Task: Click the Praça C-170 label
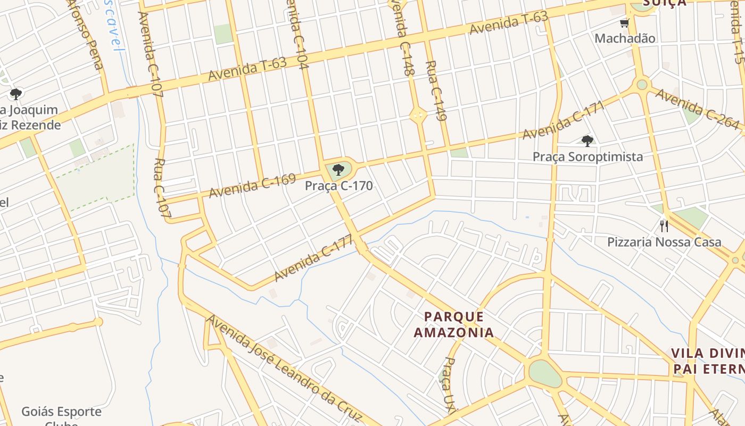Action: point(338,186)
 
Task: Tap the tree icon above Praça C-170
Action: point(338,170)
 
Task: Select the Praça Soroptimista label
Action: point(587,157)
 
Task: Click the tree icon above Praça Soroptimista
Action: point(587,141)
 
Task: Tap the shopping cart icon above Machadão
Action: point(624,23)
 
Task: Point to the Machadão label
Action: point(625,38)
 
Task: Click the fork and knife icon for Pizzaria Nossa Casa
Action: point(664,226)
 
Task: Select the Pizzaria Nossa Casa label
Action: point(664,242)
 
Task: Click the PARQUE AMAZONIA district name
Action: point(454,325)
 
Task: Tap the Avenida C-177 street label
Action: point(313,258)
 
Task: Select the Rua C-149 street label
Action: point(435,91)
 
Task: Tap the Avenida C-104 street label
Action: point(296,35)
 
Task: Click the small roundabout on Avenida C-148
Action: point(418,114)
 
